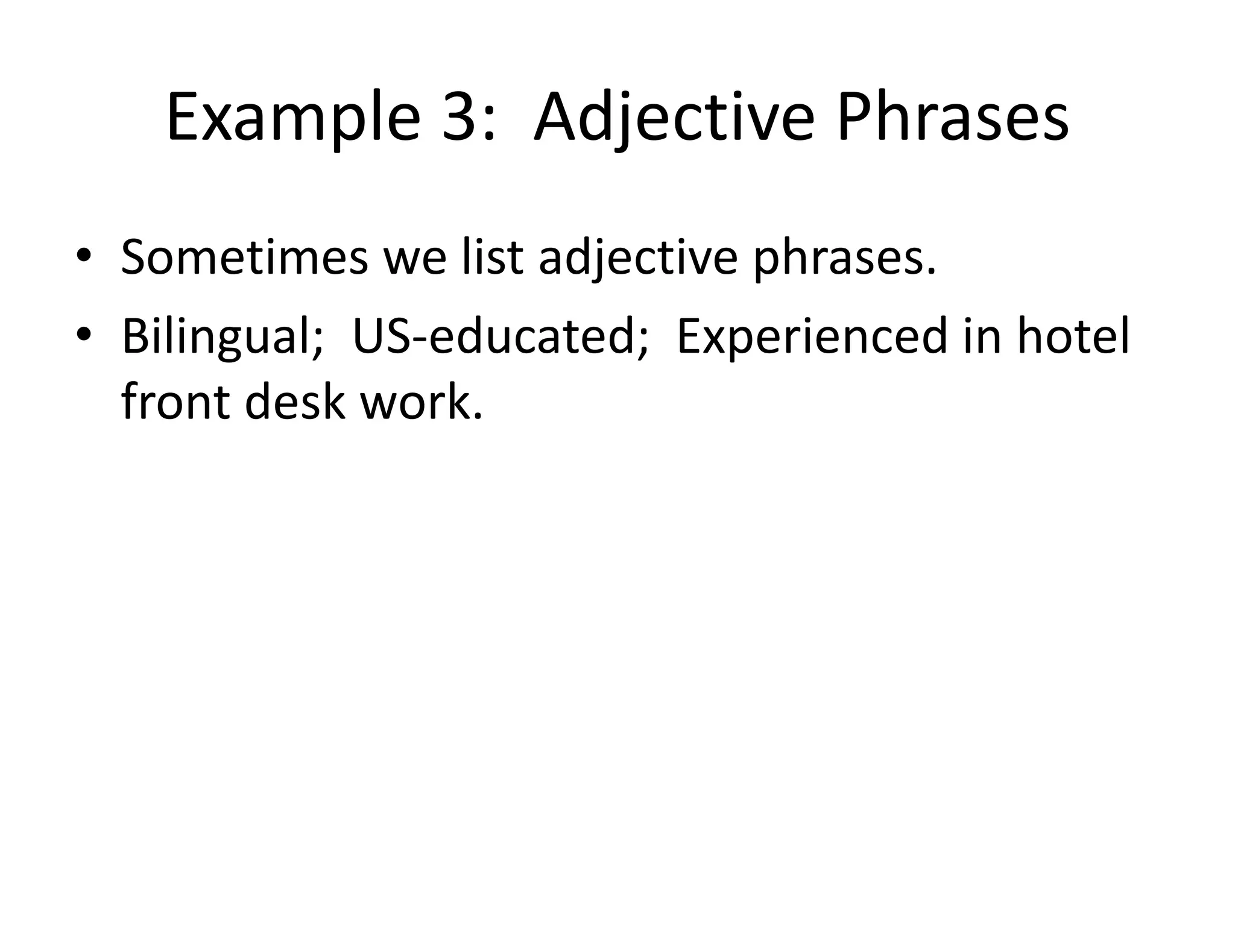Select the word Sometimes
click(x=244, y=257)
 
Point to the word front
click(x=175, y=402)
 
